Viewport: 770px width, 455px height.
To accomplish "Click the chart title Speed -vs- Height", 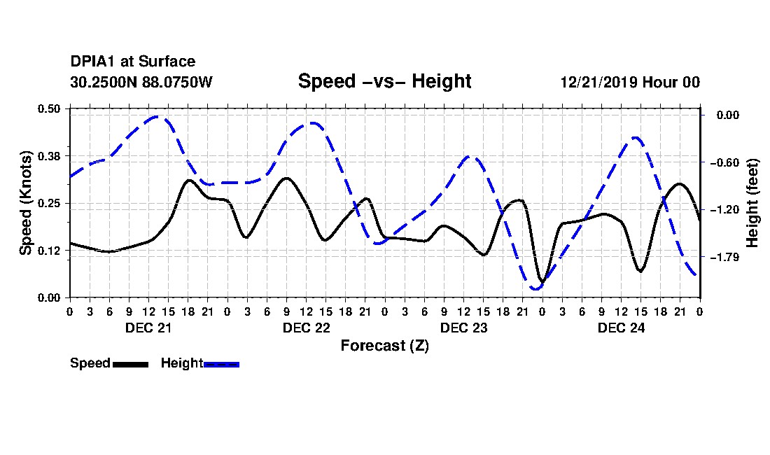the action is (384, 81).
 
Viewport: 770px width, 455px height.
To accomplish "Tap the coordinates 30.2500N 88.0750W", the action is (141, 82).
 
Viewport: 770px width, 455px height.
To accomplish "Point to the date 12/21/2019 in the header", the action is (598, 82).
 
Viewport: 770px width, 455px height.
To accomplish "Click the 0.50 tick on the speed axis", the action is (48, 108).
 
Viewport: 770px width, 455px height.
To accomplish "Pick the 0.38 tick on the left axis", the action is (48, 156).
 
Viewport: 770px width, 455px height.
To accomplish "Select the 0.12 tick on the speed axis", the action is (48, 251).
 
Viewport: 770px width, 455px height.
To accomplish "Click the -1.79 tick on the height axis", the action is (724, 257).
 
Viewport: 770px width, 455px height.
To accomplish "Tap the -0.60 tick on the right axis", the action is (724, 162).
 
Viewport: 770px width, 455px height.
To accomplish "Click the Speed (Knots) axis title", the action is (25, 203).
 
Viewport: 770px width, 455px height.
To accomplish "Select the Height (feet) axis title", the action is (752, 203).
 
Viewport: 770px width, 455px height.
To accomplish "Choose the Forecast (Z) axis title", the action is (384, 346).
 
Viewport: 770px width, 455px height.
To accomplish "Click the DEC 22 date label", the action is (306, 328).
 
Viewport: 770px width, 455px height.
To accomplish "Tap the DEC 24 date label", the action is (621, 328).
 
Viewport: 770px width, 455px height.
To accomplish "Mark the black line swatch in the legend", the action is (131, 364).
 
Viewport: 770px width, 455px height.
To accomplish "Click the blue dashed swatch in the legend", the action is (221, 364).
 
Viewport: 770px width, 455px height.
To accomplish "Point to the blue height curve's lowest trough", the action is (535, 288).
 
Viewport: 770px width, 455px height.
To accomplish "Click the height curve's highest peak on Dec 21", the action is (157, 117).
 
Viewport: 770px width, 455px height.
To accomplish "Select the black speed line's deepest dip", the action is (542, 281).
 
